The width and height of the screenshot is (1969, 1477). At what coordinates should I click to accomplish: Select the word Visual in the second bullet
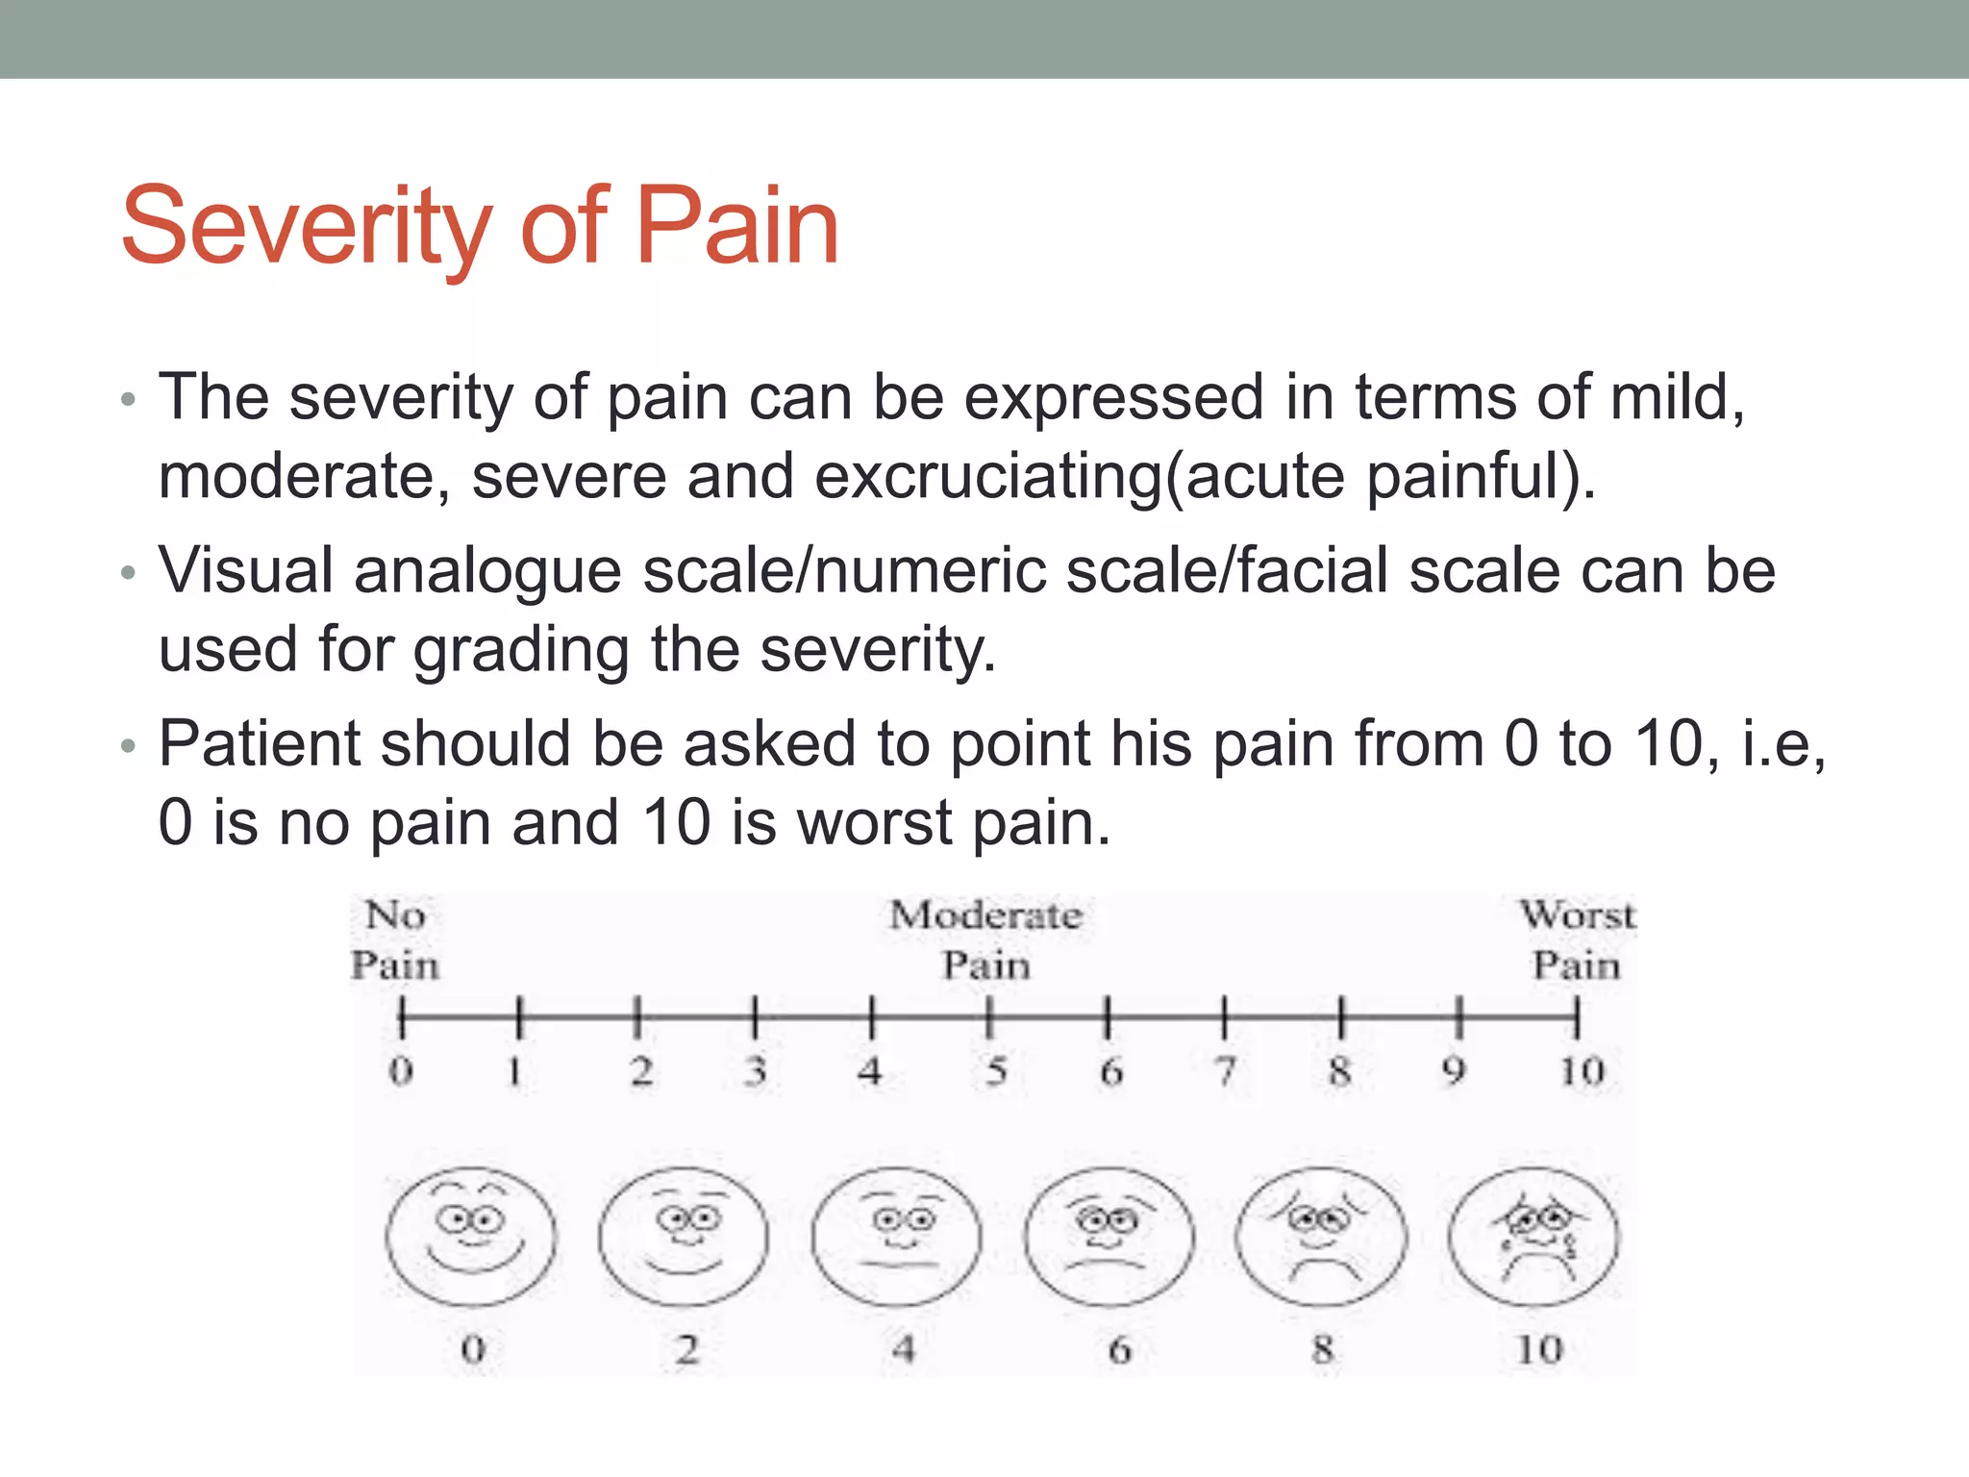tap(245, 570)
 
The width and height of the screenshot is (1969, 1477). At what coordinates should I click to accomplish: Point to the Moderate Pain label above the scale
tap(985, 939)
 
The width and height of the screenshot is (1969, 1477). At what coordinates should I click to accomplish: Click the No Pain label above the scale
tap(394, 939)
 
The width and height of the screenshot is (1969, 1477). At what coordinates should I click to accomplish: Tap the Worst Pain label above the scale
tap(1577, 939)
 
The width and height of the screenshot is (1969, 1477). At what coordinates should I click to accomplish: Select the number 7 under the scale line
tap(1225, 1070)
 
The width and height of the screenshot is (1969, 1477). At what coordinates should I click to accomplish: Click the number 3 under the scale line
tap(756, 1070)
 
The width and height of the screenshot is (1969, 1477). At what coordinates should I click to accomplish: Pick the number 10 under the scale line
tap(1582, 1070)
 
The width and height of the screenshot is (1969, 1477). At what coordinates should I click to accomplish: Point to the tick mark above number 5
tap(989, 1017)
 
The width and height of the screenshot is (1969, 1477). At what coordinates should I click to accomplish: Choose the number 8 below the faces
tap(1323, 1349)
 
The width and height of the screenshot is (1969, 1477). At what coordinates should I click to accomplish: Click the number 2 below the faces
tap(685, 1349)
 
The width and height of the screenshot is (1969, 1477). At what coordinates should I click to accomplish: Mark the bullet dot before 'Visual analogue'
tap(129, 574)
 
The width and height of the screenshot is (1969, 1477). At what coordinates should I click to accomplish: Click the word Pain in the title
tap(737, 227)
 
